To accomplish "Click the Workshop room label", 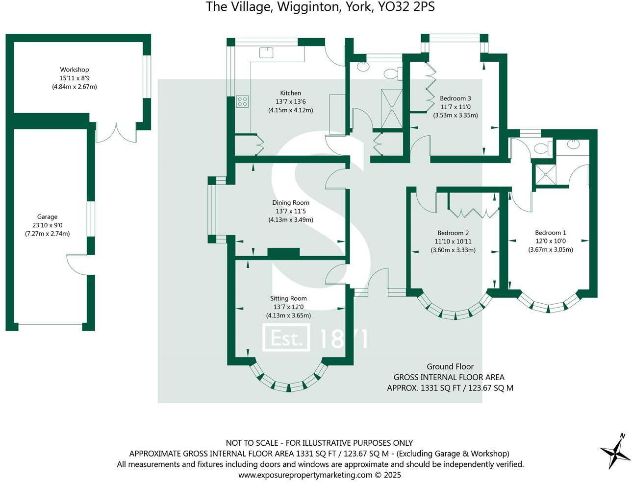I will pos(75,70).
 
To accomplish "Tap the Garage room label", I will pos(47,217).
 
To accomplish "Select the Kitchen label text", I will pos(290,93).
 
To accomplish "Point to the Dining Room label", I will pos(291,202).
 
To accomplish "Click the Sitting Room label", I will pos(288,298).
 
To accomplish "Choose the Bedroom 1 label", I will pos(550,233).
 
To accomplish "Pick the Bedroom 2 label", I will pos(453,233).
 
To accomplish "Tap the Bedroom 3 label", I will pos(455,98).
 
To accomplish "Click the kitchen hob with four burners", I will pos(242,101).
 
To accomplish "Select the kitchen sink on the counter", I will pos(266,51).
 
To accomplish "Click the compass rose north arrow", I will pos(616,451).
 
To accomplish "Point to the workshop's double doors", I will pos(116,133).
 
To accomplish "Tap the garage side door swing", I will pos(77,264).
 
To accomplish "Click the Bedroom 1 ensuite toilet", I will pos(543,148).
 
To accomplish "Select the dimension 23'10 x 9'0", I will pos(47,225).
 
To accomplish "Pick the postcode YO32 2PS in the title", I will pos(407,7).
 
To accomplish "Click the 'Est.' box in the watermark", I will pos(286,338).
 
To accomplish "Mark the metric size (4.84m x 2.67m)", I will pos(75,87).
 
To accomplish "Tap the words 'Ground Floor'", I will pos(450,366).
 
